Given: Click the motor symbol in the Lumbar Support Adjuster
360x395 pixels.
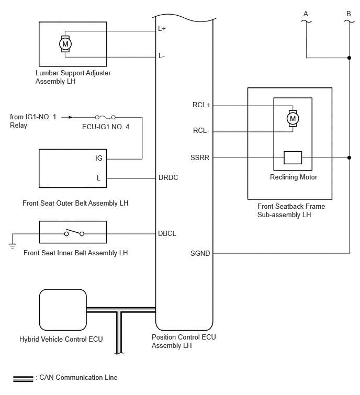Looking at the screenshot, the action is tap(65, 44).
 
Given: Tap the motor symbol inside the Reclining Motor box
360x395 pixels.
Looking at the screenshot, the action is tap(292, 118).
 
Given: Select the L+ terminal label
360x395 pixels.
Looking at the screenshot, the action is tap(162, 28).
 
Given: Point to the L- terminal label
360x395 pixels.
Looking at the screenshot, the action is tap(162, 55).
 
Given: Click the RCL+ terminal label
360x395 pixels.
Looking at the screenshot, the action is tap(201, 105).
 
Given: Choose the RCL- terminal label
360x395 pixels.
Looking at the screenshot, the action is tap(201, 130).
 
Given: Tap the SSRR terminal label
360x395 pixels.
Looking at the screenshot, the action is tap(200, 157).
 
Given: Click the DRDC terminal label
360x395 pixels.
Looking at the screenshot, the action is tap(168, 177).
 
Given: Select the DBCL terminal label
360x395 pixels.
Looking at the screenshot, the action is tap(167, 233).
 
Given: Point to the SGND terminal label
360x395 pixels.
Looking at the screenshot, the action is tap(200, 253).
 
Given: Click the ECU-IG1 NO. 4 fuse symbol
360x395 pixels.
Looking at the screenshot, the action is tap(105, 117).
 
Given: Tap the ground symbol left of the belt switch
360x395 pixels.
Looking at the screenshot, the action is tap(13, 245).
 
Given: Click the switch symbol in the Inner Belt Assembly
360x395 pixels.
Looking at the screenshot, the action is tap(74, 233).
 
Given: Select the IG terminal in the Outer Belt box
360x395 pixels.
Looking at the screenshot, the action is tap(99, 158).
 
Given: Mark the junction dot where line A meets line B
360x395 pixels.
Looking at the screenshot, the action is tap(349, 58).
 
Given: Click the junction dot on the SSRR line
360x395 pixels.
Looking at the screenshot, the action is tap(349, 157).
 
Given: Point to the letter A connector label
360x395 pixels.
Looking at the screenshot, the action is tap(306, 14).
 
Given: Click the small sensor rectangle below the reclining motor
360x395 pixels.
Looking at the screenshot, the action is tap(292, 157).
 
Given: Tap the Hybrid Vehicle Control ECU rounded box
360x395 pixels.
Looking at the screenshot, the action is tap(63, 310).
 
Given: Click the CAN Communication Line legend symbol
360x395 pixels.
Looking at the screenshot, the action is tap(23, 379).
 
